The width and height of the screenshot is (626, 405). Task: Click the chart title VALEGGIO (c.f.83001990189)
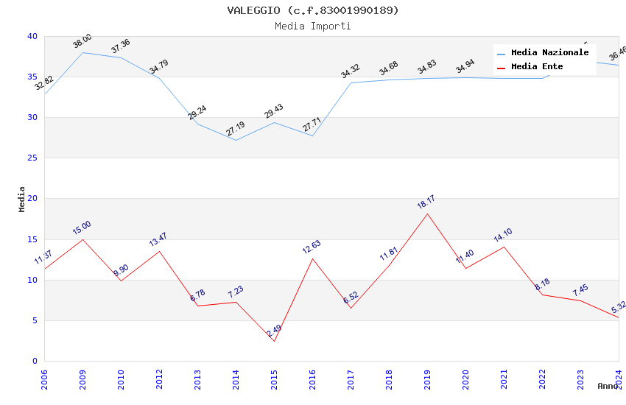pyautogui.click(x=313, y=10)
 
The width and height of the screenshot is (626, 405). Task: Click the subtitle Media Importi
pyautogui.click(x=313, y=26)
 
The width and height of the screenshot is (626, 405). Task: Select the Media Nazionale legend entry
pyautogui.click(x=549, y=53)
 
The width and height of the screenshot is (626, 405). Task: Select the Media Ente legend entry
pyautogui.click(x=537, y=67)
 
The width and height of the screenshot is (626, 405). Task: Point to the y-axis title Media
pyautogui.click(x=22, y=199)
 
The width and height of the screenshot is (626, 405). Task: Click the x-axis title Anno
pyautogui.click(x=608, y=386)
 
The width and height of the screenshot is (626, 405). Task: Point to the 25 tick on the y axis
pyautogui.click(x=32, y=158)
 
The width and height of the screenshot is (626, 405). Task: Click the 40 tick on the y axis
pyautogui.click(x=32, y=37)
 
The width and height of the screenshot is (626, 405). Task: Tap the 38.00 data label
pyautogui.click(x=82, y=41)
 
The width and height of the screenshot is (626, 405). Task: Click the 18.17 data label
pyautogui.click(x=426, y=202)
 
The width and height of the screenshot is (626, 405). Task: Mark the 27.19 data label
pyautogui.click(x=235, y=129)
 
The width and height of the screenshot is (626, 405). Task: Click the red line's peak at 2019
pyautogui.click(x=427, y=214)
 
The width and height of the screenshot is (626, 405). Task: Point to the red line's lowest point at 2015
pyautogui.click(x=274, y=341)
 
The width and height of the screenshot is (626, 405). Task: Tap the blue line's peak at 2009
pyautogui.click(x=82, y=52)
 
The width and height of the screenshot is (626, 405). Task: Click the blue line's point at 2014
pyautogui.click(x=236, y=140)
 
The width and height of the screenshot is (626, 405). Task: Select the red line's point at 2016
pyautogui.click(x=312, y=258)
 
